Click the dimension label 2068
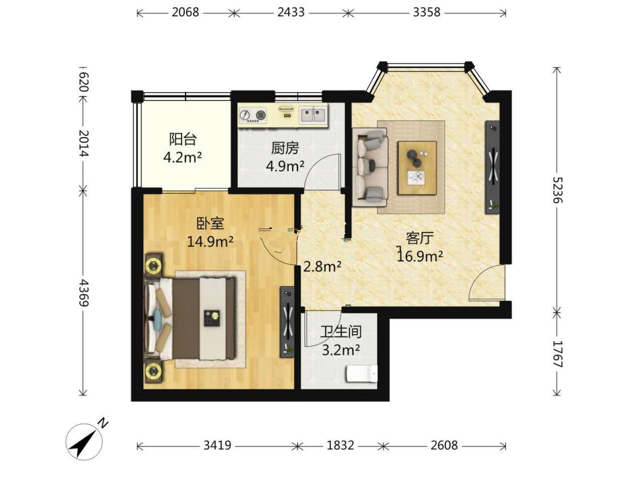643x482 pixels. [x=185, y=13]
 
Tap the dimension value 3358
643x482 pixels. [x=426, y=13]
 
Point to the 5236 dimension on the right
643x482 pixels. [x=558, y=190]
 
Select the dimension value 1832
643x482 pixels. [x=341, y=445]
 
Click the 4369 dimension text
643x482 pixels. [x=84, y=292]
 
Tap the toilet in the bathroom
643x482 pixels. [x=362, y=373]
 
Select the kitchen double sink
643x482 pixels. [x=313, y=114]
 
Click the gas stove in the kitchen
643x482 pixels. [x=253, y=115]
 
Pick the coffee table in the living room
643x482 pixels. [x=417, y=168]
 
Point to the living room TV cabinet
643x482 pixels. [x=492, y=167]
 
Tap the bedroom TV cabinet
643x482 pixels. [x=287, y=322]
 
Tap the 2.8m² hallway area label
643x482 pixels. [x=322, y=267]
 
